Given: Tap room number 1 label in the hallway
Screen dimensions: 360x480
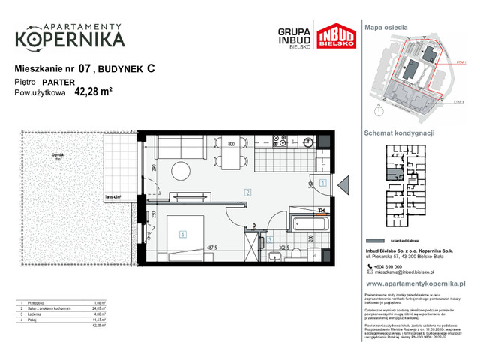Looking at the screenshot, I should [x=322, y=182].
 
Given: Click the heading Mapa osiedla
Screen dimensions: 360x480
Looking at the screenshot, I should [x=386, y=27].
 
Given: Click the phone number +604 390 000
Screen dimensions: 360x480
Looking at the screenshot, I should [x=390, y=266].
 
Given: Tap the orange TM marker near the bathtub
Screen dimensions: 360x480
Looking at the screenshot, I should [x=320, y=211].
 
